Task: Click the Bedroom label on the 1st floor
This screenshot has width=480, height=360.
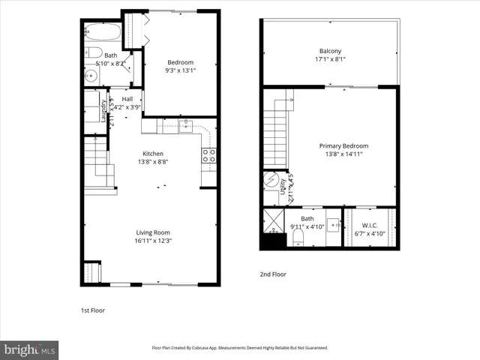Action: click(180, 62)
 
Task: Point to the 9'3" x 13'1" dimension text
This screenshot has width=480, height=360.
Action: click(180, 72)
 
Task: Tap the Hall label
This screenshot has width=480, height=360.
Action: click(127, 98)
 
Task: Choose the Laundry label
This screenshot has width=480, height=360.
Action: click(103, 109)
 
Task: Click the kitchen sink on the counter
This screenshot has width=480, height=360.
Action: click(185, 125)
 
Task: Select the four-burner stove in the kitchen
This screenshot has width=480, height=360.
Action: click(210, 155)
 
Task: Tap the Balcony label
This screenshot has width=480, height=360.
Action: click(331, 51)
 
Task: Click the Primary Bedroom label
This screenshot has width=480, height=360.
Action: click(343, 145)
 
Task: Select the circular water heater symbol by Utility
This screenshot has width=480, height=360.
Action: click(270, 182)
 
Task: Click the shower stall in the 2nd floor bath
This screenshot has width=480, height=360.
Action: click(272, 221)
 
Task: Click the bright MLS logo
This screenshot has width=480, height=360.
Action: click(29, 349)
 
